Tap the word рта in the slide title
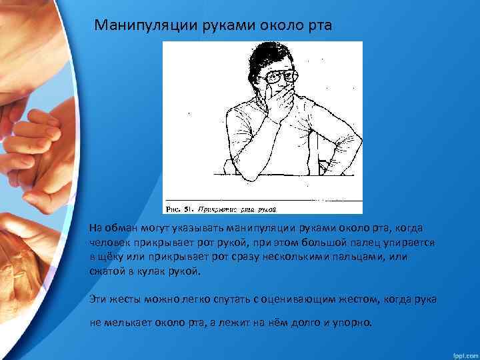[x=316, y=25]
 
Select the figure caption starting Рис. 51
[x=221, y=209]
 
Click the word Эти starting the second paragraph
[x=100, y=299]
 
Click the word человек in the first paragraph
[x=113, y=243]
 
